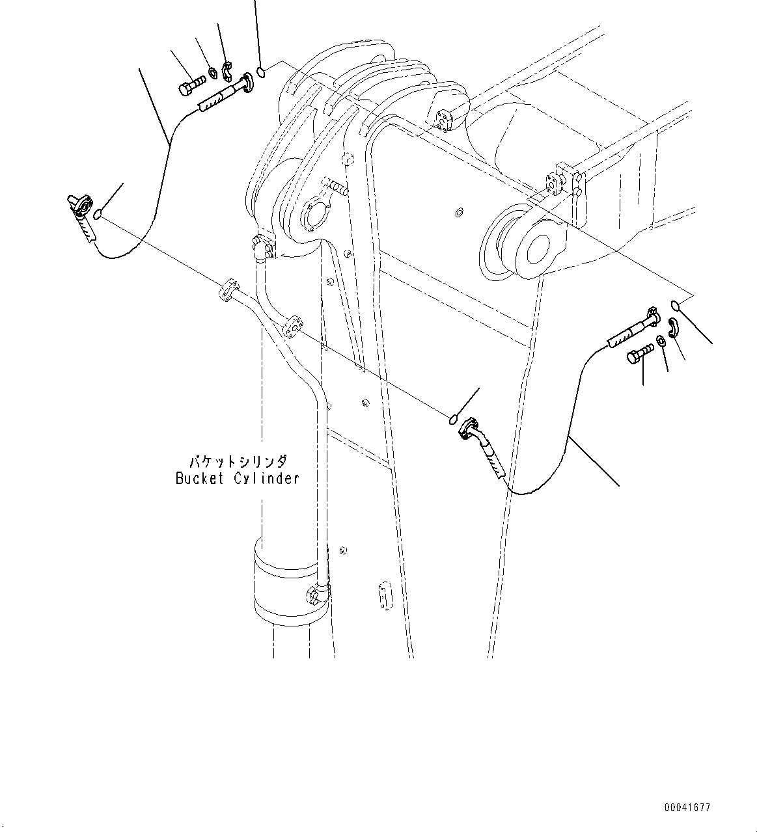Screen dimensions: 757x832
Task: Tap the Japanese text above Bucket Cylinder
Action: click(x=238, y=462)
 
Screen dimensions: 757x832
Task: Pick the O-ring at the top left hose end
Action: click(x=261, y=73)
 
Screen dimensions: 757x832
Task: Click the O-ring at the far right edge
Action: click(x=675, y=306)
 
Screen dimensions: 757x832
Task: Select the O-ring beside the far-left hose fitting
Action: click(x=98, y=215)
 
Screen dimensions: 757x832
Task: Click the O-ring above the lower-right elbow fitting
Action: click(x=452, y=420)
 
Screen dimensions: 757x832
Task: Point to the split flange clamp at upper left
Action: click(x=227, y=70)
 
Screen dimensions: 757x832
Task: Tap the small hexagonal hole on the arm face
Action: click(x=459, y=213)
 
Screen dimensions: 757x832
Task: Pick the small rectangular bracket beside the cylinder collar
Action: click(x=385, y=596)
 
